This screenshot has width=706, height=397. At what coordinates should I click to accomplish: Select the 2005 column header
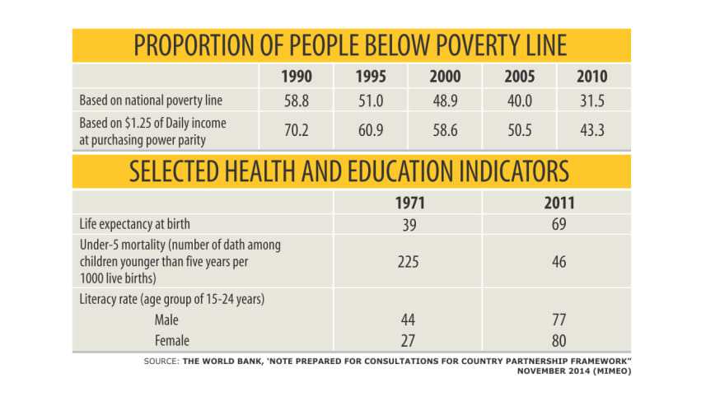[x=521, y=78]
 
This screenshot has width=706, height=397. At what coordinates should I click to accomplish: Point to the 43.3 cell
[x=592, y=130]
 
